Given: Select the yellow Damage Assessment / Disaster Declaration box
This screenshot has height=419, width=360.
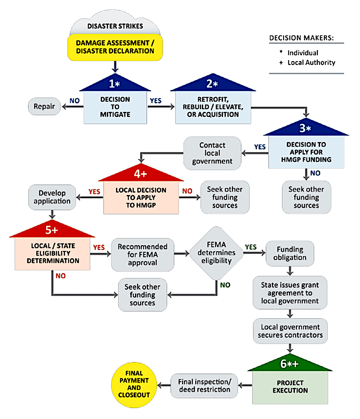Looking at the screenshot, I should click(116, 47).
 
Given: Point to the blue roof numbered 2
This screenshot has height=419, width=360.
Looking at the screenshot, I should click(213, 84).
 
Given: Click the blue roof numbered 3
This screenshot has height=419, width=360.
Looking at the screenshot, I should click(306, 128).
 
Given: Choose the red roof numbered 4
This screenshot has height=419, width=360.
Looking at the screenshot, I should click(141, 174).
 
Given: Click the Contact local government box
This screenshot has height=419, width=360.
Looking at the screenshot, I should click(212, 153).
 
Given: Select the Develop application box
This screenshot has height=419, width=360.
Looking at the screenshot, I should click(52, 198).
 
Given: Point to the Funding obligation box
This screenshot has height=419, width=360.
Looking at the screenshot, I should click(290, 253).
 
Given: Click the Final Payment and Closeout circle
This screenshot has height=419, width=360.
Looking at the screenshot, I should click(133, 384).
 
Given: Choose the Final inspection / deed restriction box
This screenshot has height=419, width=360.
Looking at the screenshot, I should click(205, 385).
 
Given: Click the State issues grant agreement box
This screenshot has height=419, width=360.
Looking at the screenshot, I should click(290, 293).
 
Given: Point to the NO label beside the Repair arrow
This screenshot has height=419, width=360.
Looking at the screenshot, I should click(75, 100).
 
